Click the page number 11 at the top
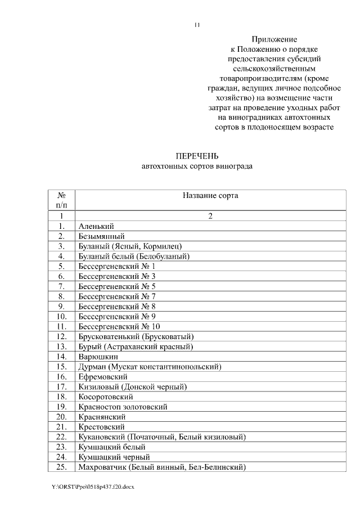tap(197, 25)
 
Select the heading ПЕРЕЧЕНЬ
tap(197, 156)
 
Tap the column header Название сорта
tap(210, 196)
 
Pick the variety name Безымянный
tap(101, 236)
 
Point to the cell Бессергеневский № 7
tap(116, 296)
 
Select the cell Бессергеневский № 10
tap(119, 326)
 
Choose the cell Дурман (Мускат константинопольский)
tap(150, 367)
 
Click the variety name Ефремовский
tap(103, 376)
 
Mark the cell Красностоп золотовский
tap(123, 407)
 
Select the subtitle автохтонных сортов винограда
tap(197, 166)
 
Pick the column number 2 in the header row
tap(210, 215)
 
